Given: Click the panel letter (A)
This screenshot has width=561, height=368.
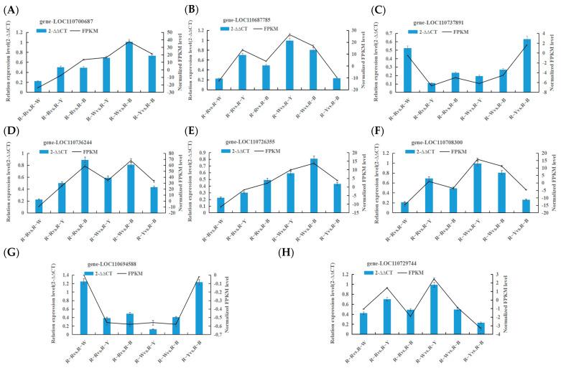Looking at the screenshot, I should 12,10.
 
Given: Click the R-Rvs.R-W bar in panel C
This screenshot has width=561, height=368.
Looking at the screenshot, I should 408,70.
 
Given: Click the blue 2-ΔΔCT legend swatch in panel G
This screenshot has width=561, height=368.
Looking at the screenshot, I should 88,273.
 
